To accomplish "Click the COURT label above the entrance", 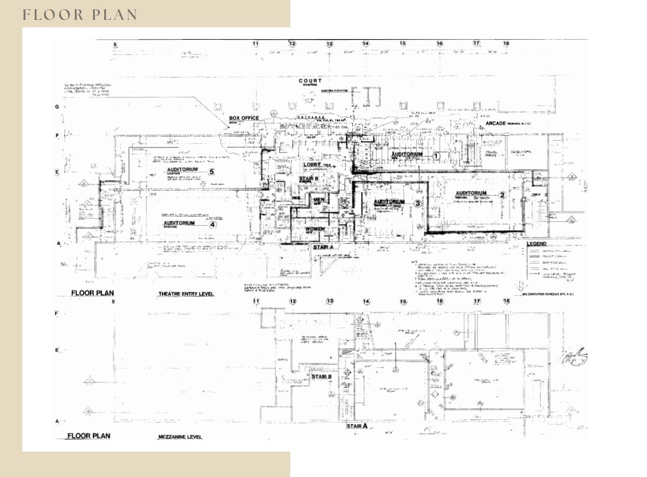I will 310,81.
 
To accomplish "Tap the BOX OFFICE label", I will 244,118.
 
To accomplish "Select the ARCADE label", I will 496,123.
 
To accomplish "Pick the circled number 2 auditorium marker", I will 502,194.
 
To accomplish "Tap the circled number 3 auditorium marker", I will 418,203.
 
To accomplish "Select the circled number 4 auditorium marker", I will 212,225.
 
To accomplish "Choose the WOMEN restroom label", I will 315,229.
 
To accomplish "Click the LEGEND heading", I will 537,244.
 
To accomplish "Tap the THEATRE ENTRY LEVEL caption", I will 186,294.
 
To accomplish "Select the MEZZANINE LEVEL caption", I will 181,437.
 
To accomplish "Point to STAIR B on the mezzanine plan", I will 321,377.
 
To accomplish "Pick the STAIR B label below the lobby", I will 308,179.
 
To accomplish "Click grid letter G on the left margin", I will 57,107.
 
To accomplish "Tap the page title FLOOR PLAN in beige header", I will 80,15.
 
